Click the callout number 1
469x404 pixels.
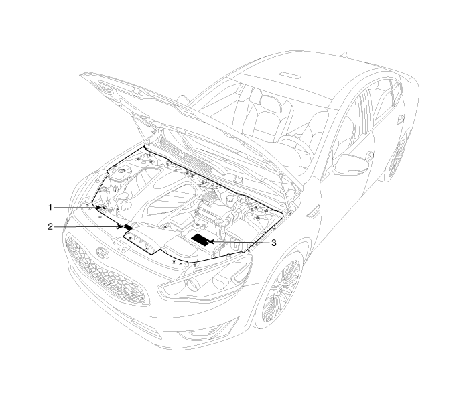tap(50, 208)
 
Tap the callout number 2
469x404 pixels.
tap(50, 226)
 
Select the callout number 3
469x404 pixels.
tap(273, 243)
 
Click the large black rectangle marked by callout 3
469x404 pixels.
tap(201, 240)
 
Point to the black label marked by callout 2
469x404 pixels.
tap(128, 227)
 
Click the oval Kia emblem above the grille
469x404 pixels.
tap(102, 253)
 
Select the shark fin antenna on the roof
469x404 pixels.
tap(344, 54)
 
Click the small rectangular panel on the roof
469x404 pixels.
tap(290, 74)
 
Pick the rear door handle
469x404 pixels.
tap(399, 119)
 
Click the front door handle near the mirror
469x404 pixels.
tap(371, 155)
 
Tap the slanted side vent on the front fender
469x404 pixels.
tap(313, 211)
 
